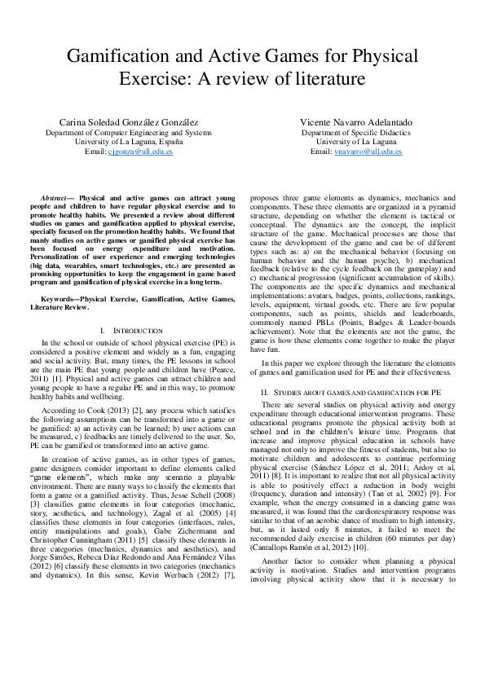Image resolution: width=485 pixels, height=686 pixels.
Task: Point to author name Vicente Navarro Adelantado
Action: coord(356,122)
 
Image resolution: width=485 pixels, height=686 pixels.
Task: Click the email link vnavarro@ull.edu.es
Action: coord(368,152)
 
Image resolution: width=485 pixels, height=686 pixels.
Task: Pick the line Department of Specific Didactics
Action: coord(356,132)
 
